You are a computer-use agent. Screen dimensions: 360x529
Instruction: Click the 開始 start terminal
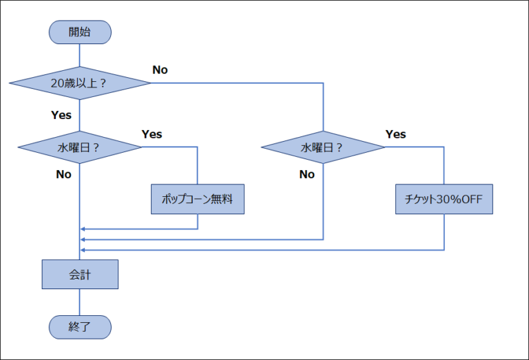[80, 32]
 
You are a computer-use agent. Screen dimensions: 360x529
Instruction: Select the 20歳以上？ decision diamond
[80, 83]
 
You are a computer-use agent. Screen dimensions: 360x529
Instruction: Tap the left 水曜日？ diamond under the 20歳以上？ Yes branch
[80, 147]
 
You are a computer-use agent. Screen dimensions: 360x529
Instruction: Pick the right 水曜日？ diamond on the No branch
[323, 147]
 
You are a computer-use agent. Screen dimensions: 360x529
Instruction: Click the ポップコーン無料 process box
[198, 199]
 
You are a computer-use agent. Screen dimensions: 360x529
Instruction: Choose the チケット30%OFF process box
[444, 199]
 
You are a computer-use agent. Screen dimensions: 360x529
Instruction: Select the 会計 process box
[80, 274]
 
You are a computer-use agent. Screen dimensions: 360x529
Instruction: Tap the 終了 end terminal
[80, 327]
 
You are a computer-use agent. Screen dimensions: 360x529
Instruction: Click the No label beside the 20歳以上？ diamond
[160, 70]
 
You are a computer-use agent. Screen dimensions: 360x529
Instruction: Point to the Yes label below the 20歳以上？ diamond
[61, 115]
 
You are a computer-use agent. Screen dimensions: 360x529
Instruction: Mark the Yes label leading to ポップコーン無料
[152, 134]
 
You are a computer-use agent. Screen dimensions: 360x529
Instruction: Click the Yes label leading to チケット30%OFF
[395, 134]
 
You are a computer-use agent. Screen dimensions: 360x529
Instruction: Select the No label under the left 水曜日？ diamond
[63, 174]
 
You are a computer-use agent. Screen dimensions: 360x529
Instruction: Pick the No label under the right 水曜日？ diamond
[307, 174]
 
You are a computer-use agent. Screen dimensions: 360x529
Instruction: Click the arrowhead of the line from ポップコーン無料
[83, 229]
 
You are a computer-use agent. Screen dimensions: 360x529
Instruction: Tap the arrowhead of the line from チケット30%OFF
[83, 250]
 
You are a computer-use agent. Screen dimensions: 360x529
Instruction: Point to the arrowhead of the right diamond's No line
[83, 240]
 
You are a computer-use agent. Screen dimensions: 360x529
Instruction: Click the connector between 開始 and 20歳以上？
[80, 55]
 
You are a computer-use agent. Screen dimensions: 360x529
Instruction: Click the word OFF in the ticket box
[472, 199]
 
